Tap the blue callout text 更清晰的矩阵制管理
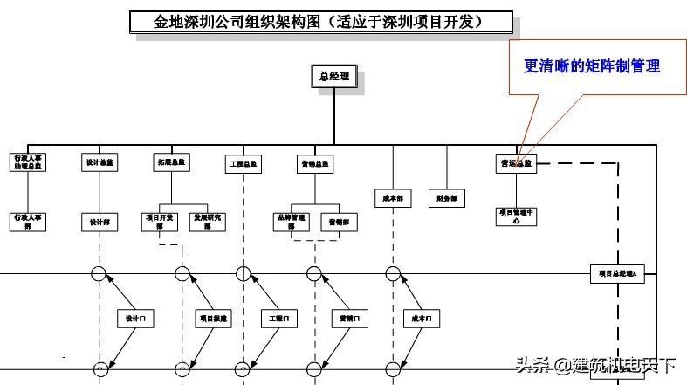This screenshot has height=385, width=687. pyautogui.click(x=591, y=66)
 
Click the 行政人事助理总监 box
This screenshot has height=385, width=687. pyautogui.click(x=28, y=162)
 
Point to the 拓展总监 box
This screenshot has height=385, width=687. pyautogui.click(x=171, y=162)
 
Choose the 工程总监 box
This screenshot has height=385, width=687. pyautogui.click(x=243, y=163)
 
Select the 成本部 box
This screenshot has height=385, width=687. pyautogui.click(x=393, y=198)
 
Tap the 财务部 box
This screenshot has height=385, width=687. pyautogui.click(x=446, y=198)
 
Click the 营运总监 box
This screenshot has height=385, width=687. pyautogui.click(x=515, y=163)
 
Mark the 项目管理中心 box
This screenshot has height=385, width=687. pyautogui.click(x=515, y=216)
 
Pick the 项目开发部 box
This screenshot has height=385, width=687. pyautogui.click(x=159, y=221)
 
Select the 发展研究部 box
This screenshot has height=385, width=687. pyautogui.click(x=206, y=221)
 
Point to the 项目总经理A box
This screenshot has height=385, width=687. pyautogui.click(x=616, y=273)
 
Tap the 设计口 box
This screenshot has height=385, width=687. pyautogui.click(x=135, y=320)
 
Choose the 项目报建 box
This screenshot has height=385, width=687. pyautogui.click(x=212, y=320)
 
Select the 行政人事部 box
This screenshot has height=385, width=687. pyautogui.click(x=28, y=221)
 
